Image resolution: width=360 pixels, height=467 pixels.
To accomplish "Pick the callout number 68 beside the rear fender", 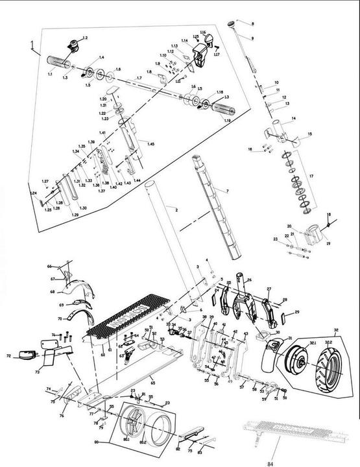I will click(53, 292).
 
